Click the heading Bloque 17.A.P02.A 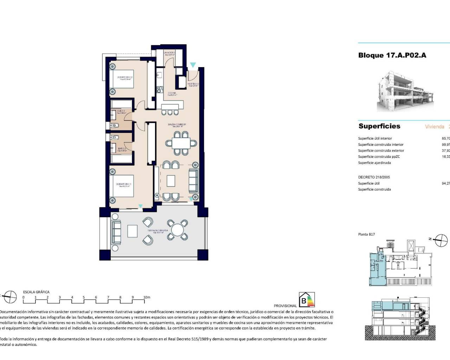coord(392,55)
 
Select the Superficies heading coord(379,126)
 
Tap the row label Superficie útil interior coord(375,139)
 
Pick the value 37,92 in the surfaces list coord(446,150)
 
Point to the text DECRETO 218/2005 coord(374,177)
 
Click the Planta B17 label coord(366,234)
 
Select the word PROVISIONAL coord(285,306)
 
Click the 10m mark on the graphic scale coord(146,297)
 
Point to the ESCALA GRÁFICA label coord(36,292)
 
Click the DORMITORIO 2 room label coord(124,77)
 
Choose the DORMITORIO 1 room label coord(124,184)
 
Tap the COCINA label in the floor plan coord(172,93)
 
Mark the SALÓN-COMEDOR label coord(177,125)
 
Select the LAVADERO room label coord(169,53)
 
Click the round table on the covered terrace coord(178,230)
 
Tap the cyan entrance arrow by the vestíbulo coord(193,65)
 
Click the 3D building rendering coord(404,91)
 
